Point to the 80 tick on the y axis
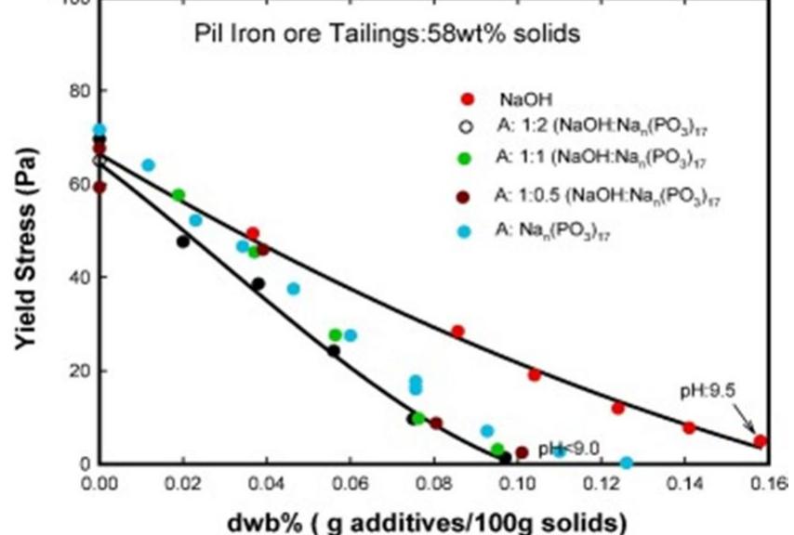pos(74,91)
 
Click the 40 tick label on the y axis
pos(74,277)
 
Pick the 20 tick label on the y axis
pos(74,371)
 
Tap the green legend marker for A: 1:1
pos(467,158)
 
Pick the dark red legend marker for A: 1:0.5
pos(467,195)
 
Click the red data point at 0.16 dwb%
pos(760,441)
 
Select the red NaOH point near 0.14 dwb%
pos(689,427)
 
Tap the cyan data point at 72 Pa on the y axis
pos(99,130)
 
